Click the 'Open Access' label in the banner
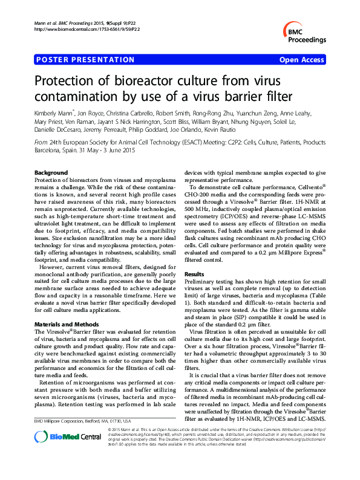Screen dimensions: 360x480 point(302,60)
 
